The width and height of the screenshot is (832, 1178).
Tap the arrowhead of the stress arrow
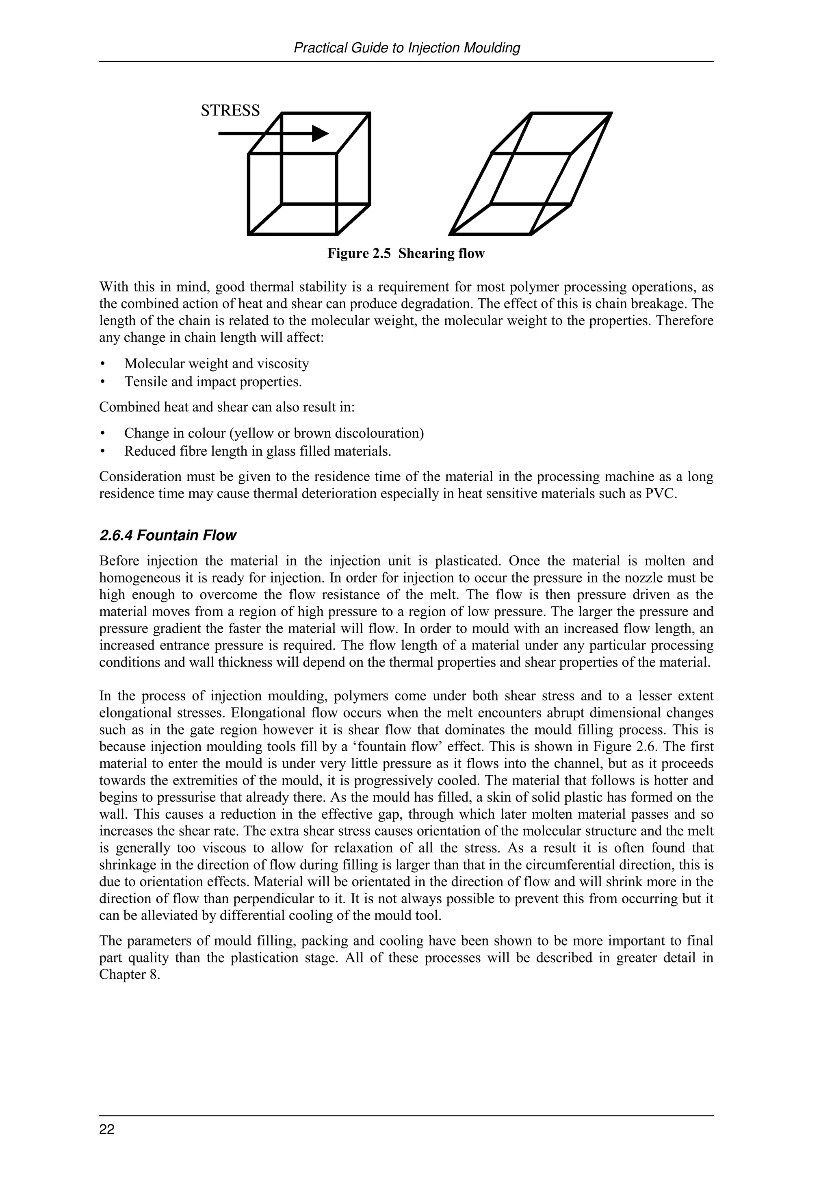click(321, 133)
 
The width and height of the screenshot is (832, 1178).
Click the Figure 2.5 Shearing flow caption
click(405, 254)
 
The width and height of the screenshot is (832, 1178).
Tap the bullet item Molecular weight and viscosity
click(217, 364)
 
